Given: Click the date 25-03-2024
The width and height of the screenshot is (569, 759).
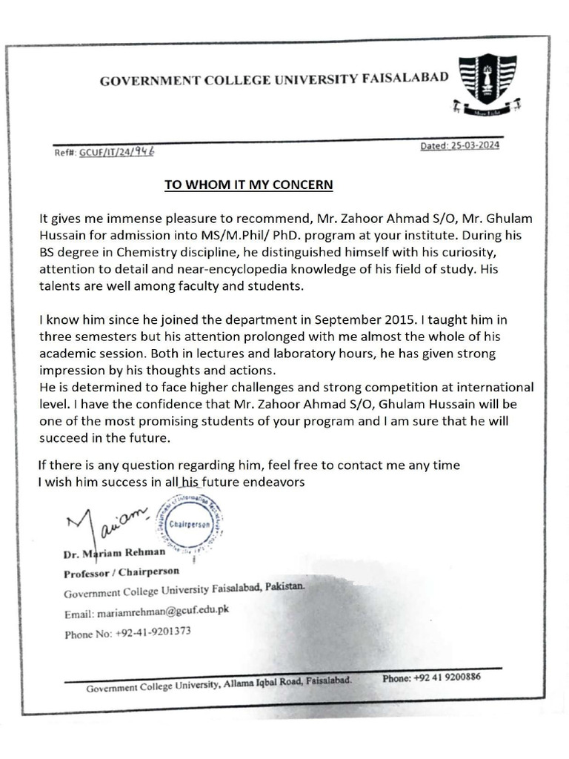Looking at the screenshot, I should coord(459,145).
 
